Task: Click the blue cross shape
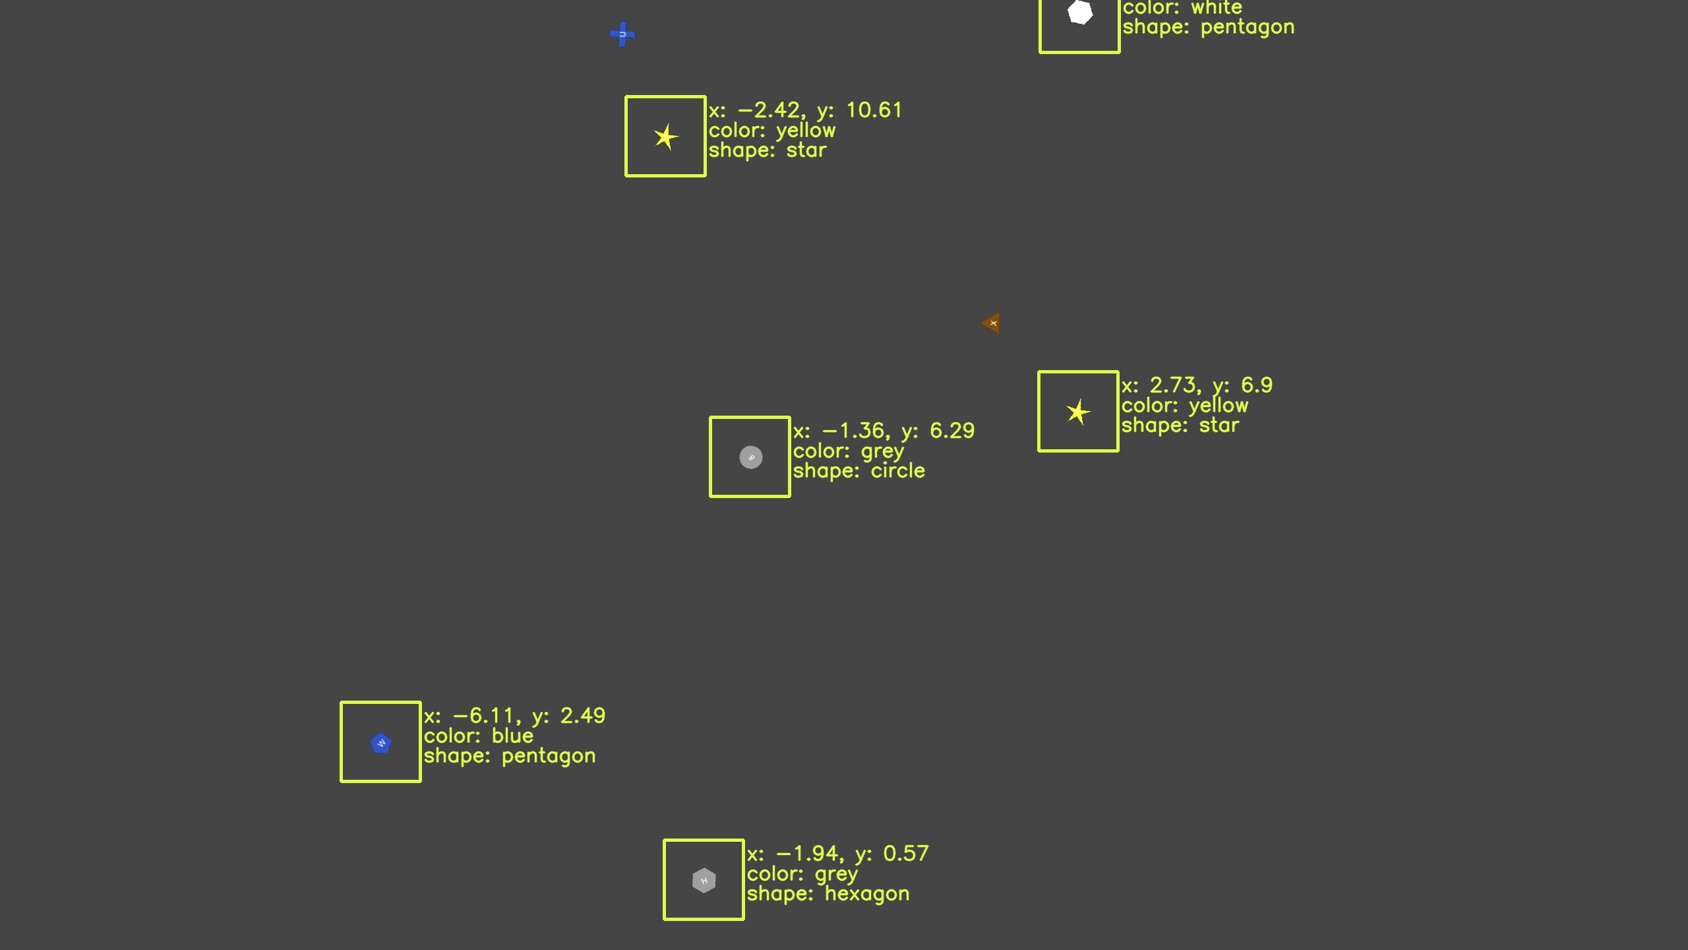click(x=622, y=35)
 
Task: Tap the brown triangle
click(x=992, y=323)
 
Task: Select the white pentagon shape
click(x=1080, y=13)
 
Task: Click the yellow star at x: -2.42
click(x=665, y=137)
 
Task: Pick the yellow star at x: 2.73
click(x=1078, y=412)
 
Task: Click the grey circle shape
click(x=750, y=457)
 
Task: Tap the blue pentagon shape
click(x=381, y=744)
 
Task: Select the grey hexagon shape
click(x=704, y=881)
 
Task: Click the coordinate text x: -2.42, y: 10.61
click(x=805, y=110)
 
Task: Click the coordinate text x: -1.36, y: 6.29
click(x=884, y=431)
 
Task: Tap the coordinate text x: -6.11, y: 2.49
click(x=514, y=716)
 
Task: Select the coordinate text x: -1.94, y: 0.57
click(x=837, y=854)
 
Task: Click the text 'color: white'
click(x=1182, y=8)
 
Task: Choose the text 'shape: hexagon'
click(x=828, y=894)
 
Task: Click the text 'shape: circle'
click(x=859, y=471)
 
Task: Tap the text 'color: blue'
click(x=479, y=736)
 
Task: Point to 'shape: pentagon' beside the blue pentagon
click(x=510, y=756)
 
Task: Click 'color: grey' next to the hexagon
click(x=802, y=874)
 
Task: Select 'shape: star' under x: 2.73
click(x=1180, y=426)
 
